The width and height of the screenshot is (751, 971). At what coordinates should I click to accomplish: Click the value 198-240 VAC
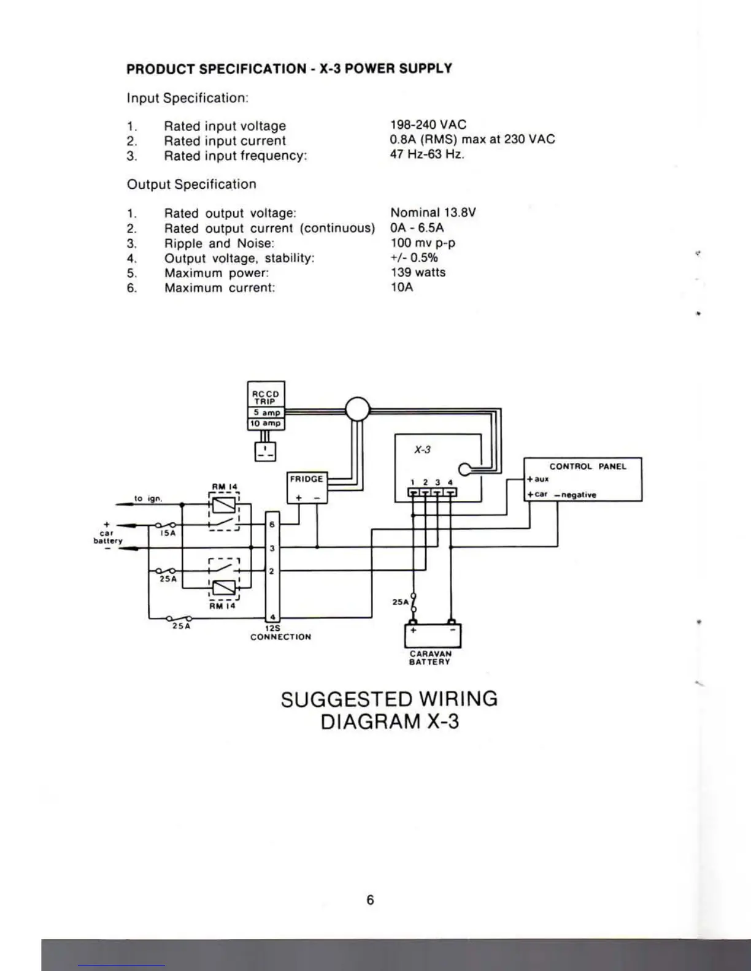pos(428,124)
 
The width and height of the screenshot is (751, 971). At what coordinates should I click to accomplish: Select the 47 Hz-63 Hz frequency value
pos(427,154)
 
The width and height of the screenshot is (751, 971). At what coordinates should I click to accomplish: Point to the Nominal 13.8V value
pos(433,213)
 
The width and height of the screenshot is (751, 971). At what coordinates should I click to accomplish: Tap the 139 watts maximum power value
pos(418,272)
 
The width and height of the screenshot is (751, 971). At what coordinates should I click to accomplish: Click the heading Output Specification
pos(191,185)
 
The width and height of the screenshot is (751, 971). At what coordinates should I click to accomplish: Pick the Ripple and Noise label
pos(218,243)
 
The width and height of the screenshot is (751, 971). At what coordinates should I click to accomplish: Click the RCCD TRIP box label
pos(266,397)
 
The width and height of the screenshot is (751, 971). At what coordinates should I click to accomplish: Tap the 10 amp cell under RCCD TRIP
pos(266,424)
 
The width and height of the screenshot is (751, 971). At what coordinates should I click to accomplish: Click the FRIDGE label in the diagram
pos(306,479)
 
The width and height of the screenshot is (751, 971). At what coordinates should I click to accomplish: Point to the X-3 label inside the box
pos(422,449)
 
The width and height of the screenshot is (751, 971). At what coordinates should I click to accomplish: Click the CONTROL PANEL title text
pos(588,466)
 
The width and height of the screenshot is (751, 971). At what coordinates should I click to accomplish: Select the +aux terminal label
pos(538,479)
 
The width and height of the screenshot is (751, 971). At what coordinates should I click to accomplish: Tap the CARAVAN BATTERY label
pos(430,658)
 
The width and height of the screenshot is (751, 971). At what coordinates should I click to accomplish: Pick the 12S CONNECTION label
pos(280,633)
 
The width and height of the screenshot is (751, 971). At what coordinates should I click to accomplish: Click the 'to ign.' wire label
pos(148,499)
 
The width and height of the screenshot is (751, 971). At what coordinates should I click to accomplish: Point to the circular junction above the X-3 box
pos(357,409)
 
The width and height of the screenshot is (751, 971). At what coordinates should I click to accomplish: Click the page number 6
pos(370,900)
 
